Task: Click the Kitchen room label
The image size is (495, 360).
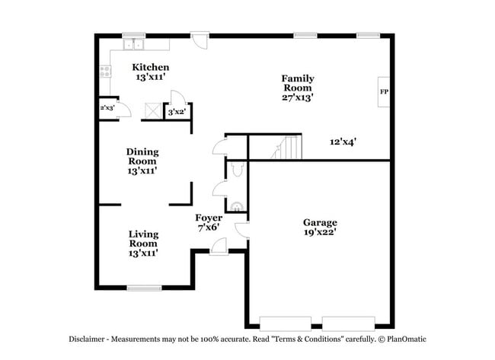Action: pos(150,68)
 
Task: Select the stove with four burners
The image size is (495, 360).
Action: pos(105,72)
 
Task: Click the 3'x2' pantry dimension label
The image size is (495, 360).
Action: pos(177,112)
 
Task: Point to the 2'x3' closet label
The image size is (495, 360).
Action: pos(107,109)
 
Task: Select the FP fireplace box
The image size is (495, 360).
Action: pos(384,91)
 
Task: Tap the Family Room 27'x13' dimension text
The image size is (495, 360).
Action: pos(297,97)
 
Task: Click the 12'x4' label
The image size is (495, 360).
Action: pos(343,142)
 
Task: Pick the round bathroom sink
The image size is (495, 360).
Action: pos(237,204)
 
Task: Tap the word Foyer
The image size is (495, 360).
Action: pos(209,218)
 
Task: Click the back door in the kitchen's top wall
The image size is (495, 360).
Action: pos(199,38)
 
